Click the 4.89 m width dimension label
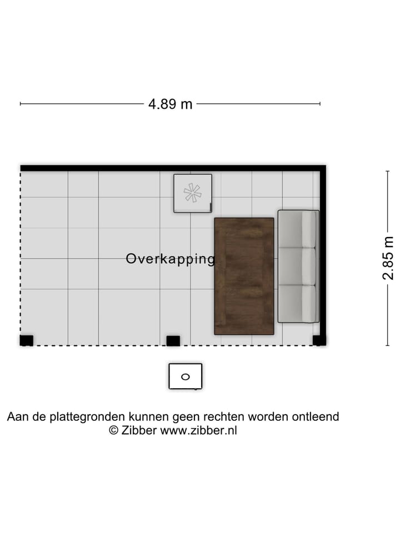pos(170,104)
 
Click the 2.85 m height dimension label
pos(388,258)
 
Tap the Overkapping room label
pos(170,259)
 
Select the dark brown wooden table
pos(244,276)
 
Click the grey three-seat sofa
pos(298,266)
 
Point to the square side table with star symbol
pos(192,193)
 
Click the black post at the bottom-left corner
pos(26,340)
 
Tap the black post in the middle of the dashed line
pos(173,340)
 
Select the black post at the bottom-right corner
pos(319,340)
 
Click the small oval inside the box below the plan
pos(186,376)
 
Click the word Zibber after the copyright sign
pos(139,430)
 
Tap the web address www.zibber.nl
pos(198,430)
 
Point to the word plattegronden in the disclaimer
pos(91,417)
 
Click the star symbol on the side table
pos(192,193)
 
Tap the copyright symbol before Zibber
pos(113,430)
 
